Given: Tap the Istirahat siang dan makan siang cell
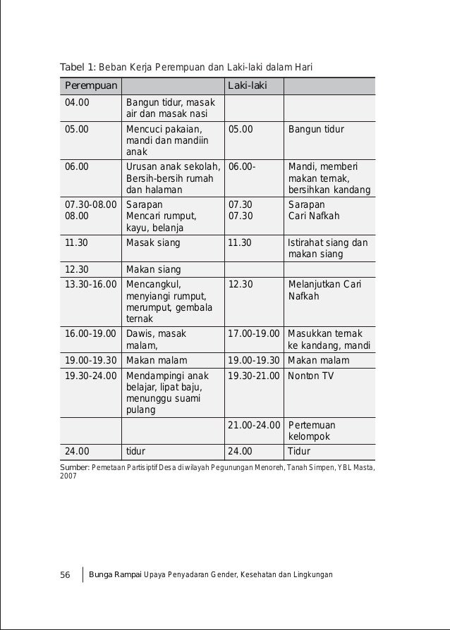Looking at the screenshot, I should click(327, 249).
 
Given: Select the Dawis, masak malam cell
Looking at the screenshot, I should click(156, 339).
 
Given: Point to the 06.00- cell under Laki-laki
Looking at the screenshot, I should click(242, 166).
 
